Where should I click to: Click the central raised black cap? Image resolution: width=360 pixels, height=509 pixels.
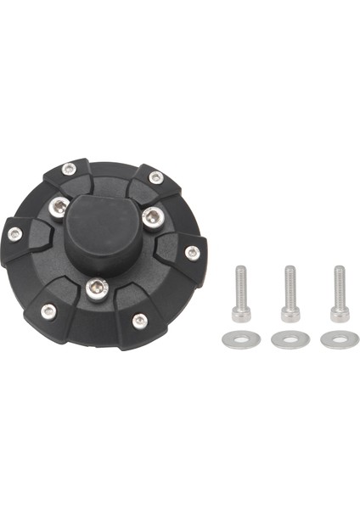pos(104,228)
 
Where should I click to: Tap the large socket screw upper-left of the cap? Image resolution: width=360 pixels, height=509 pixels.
pos(59,205)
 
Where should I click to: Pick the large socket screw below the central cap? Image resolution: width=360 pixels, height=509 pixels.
pos(97,290)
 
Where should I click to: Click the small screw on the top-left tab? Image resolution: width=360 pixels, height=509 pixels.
pos(69,168)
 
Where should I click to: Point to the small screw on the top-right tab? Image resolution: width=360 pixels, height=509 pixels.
pos(155,177)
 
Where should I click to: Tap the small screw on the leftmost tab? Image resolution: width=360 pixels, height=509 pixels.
pos(14,233)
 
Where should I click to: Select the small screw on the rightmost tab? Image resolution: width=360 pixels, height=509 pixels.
pos(193,252)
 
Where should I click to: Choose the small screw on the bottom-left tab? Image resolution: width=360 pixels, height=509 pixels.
pos(48,310)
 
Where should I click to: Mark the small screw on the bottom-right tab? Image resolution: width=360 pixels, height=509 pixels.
pos(139,320)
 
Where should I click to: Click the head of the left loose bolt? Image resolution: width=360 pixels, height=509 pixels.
pos(241,316)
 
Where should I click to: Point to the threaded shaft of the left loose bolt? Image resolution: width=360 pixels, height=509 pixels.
pos(241,286)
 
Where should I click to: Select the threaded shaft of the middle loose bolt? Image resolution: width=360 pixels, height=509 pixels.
pos(290,286)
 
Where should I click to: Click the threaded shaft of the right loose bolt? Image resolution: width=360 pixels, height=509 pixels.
pos(340,286)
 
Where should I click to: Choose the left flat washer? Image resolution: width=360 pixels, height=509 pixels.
pos(240,339)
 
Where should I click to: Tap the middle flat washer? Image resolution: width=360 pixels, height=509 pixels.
pos(290,339)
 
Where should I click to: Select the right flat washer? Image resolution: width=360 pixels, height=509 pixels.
pos(340,339)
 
